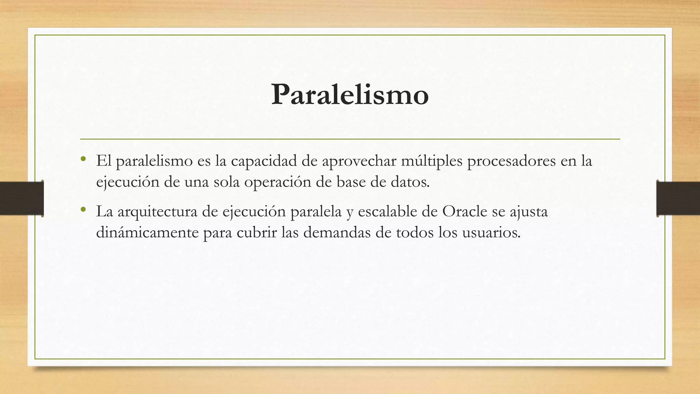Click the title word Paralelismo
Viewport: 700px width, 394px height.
click(x=350, y=95)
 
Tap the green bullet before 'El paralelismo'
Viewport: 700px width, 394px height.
click(x=83, y=158)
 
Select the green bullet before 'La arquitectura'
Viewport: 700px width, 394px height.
click(x=83, y=209)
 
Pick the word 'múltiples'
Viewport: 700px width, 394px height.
click(x=432, y=161)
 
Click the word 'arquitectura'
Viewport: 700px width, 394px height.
click(x=158, y=212)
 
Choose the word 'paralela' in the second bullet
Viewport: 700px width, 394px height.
click(x=316, y=212)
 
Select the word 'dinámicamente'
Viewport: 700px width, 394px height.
click(x=147, y=233)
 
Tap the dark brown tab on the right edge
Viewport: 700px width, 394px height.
click(x=678, y=198)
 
